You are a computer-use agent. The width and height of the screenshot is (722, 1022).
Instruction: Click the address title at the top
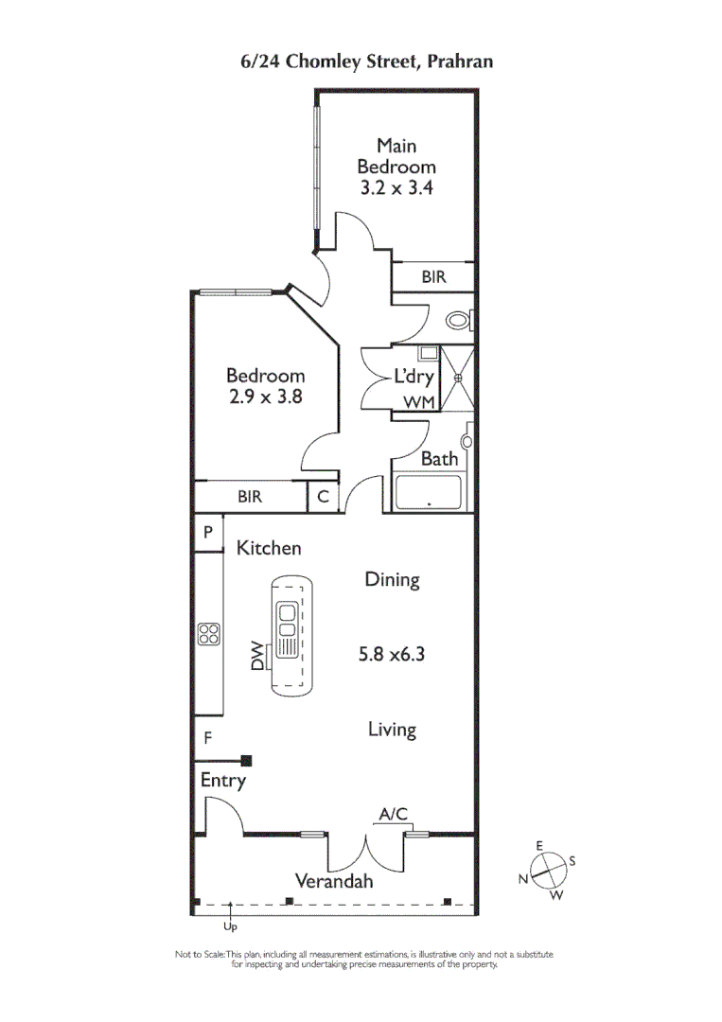point(366,62)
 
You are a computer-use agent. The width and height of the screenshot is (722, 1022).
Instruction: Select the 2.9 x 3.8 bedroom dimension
point(265,397)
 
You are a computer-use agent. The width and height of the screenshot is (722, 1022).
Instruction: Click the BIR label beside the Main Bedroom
point(433,277)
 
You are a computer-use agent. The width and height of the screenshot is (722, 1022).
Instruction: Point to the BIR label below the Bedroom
point(250,496)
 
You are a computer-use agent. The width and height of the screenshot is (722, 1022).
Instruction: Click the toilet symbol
point(459,321)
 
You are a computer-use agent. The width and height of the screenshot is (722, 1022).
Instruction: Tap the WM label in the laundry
point(418,403)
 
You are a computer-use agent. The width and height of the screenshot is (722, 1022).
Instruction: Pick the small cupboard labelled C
point(322,496)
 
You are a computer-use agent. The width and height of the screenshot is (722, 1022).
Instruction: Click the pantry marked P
point(207,533)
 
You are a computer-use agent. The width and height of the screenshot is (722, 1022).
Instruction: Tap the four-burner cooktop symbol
point(208,633)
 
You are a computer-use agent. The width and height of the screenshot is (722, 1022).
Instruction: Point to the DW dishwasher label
point(257,656)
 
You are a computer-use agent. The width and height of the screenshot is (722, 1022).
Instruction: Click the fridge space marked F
point(206,738)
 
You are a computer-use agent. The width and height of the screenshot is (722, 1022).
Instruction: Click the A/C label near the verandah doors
point(393,813)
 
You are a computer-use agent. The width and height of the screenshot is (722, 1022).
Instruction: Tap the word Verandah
point(333,881)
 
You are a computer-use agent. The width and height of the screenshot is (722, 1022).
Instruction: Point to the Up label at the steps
point(229,927)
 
